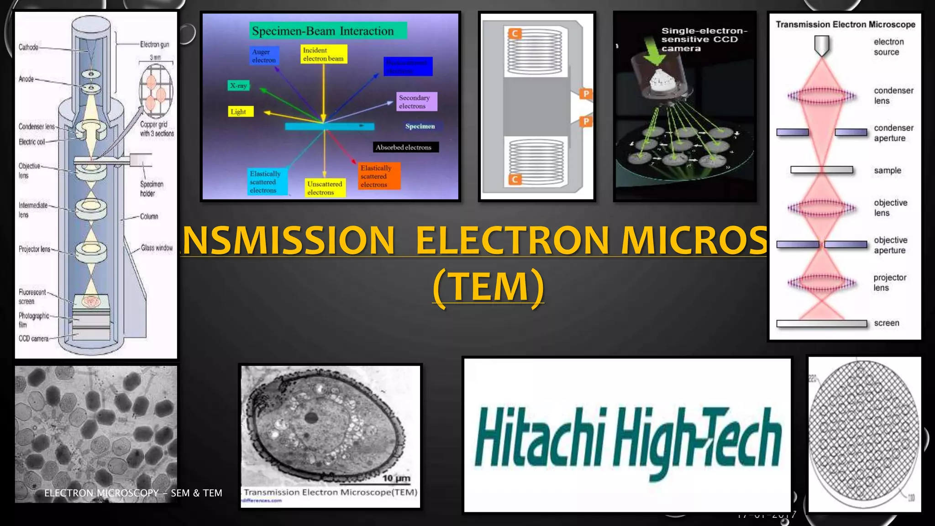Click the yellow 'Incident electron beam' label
tap(324, 54)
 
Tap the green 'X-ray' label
tap(238, 85)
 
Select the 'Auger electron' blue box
tap(264, 56)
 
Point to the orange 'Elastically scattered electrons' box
tap(378, 176)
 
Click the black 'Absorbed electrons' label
tap(404, 147)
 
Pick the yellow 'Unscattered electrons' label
tap(325, 188)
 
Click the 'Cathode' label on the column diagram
tap(28, 47)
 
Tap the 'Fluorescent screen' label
tap(32, 296)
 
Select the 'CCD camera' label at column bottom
tap(33, 338)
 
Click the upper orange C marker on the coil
tap(515, 33)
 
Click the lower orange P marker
tap(586, 121)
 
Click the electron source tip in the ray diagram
tap(822, 46)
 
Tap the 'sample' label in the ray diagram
tap(888, 170)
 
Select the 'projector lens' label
tap(890, 282)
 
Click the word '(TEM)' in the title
tap(489, 286)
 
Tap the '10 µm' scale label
tap(396, 478)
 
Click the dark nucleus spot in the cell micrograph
tap(311, 417)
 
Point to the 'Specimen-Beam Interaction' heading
tap(323, 31)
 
